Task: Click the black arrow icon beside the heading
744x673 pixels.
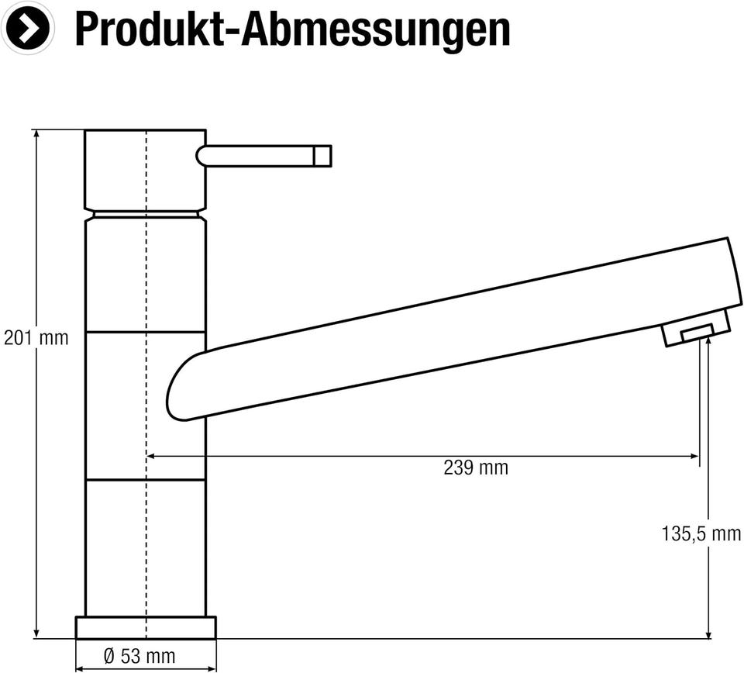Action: [28, 28]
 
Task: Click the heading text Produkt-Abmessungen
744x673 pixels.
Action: [293, 29]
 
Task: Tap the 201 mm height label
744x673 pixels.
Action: [36, 338]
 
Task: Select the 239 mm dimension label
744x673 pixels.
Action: [476, 468]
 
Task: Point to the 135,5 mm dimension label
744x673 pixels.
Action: [701, 534]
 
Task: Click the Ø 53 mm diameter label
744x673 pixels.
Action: [139, 657]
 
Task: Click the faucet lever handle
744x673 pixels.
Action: [263, 156]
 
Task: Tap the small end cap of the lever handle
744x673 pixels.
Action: [322, 156]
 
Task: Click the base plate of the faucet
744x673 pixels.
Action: [146, 627]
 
